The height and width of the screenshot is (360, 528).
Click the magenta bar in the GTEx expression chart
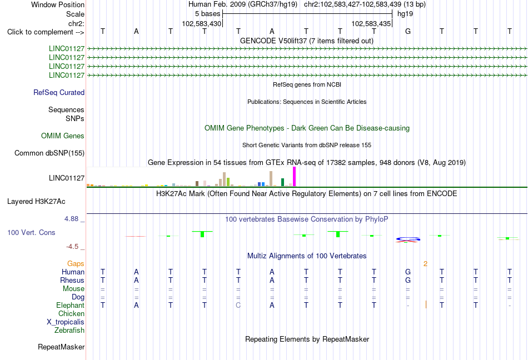pyautogui.click(x=295, y=177)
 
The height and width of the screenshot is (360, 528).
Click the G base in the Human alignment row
pyautogui.click(x=408, y=272)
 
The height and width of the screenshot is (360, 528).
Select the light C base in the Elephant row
pyautogui.click(x=238, y=305)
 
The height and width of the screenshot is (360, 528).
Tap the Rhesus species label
pyautogui.click(x=72, y=280)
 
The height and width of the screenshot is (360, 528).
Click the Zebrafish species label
pyautogui.click(x=69, y=331)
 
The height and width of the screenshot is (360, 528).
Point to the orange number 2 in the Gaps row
pyautogui.click(x=425, y=264)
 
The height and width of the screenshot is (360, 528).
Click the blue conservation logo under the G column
pyautogui.click(x=408, y=239)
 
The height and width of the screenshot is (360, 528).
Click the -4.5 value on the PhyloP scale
pyautogui.click(x=72, y=247)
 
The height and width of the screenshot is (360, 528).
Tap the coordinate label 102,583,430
pyautogui.click(x=201, y=23)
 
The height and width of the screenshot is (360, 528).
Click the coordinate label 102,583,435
pyautogui.click(x=371, y=23)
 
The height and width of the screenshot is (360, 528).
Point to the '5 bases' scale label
pyautogui.click(x=207, y=14)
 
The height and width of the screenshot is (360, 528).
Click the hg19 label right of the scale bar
pyautogui.click(x=405, y=14)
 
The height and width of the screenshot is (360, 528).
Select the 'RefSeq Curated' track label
pyautogui.click(x=59, y=93)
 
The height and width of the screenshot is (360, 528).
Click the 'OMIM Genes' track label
pyautogui.click(x=63, y=136)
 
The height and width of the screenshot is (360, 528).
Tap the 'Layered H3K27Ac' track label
pyautogui.click(x=36, y=202)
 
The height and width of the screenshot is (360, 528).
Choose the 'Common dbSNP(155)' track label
pyautogui.click(x=49, y=153)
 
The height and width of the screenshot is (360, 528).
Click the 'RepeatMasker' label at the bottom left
pyautogui.click(x=61, y=347)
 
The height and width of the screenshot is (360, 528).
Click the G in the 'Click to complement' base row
pyautogui.click(x=408, y=31)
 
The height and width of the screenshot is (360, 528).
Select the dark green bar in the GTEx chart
pyautogui.click(x=282, y=182)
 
